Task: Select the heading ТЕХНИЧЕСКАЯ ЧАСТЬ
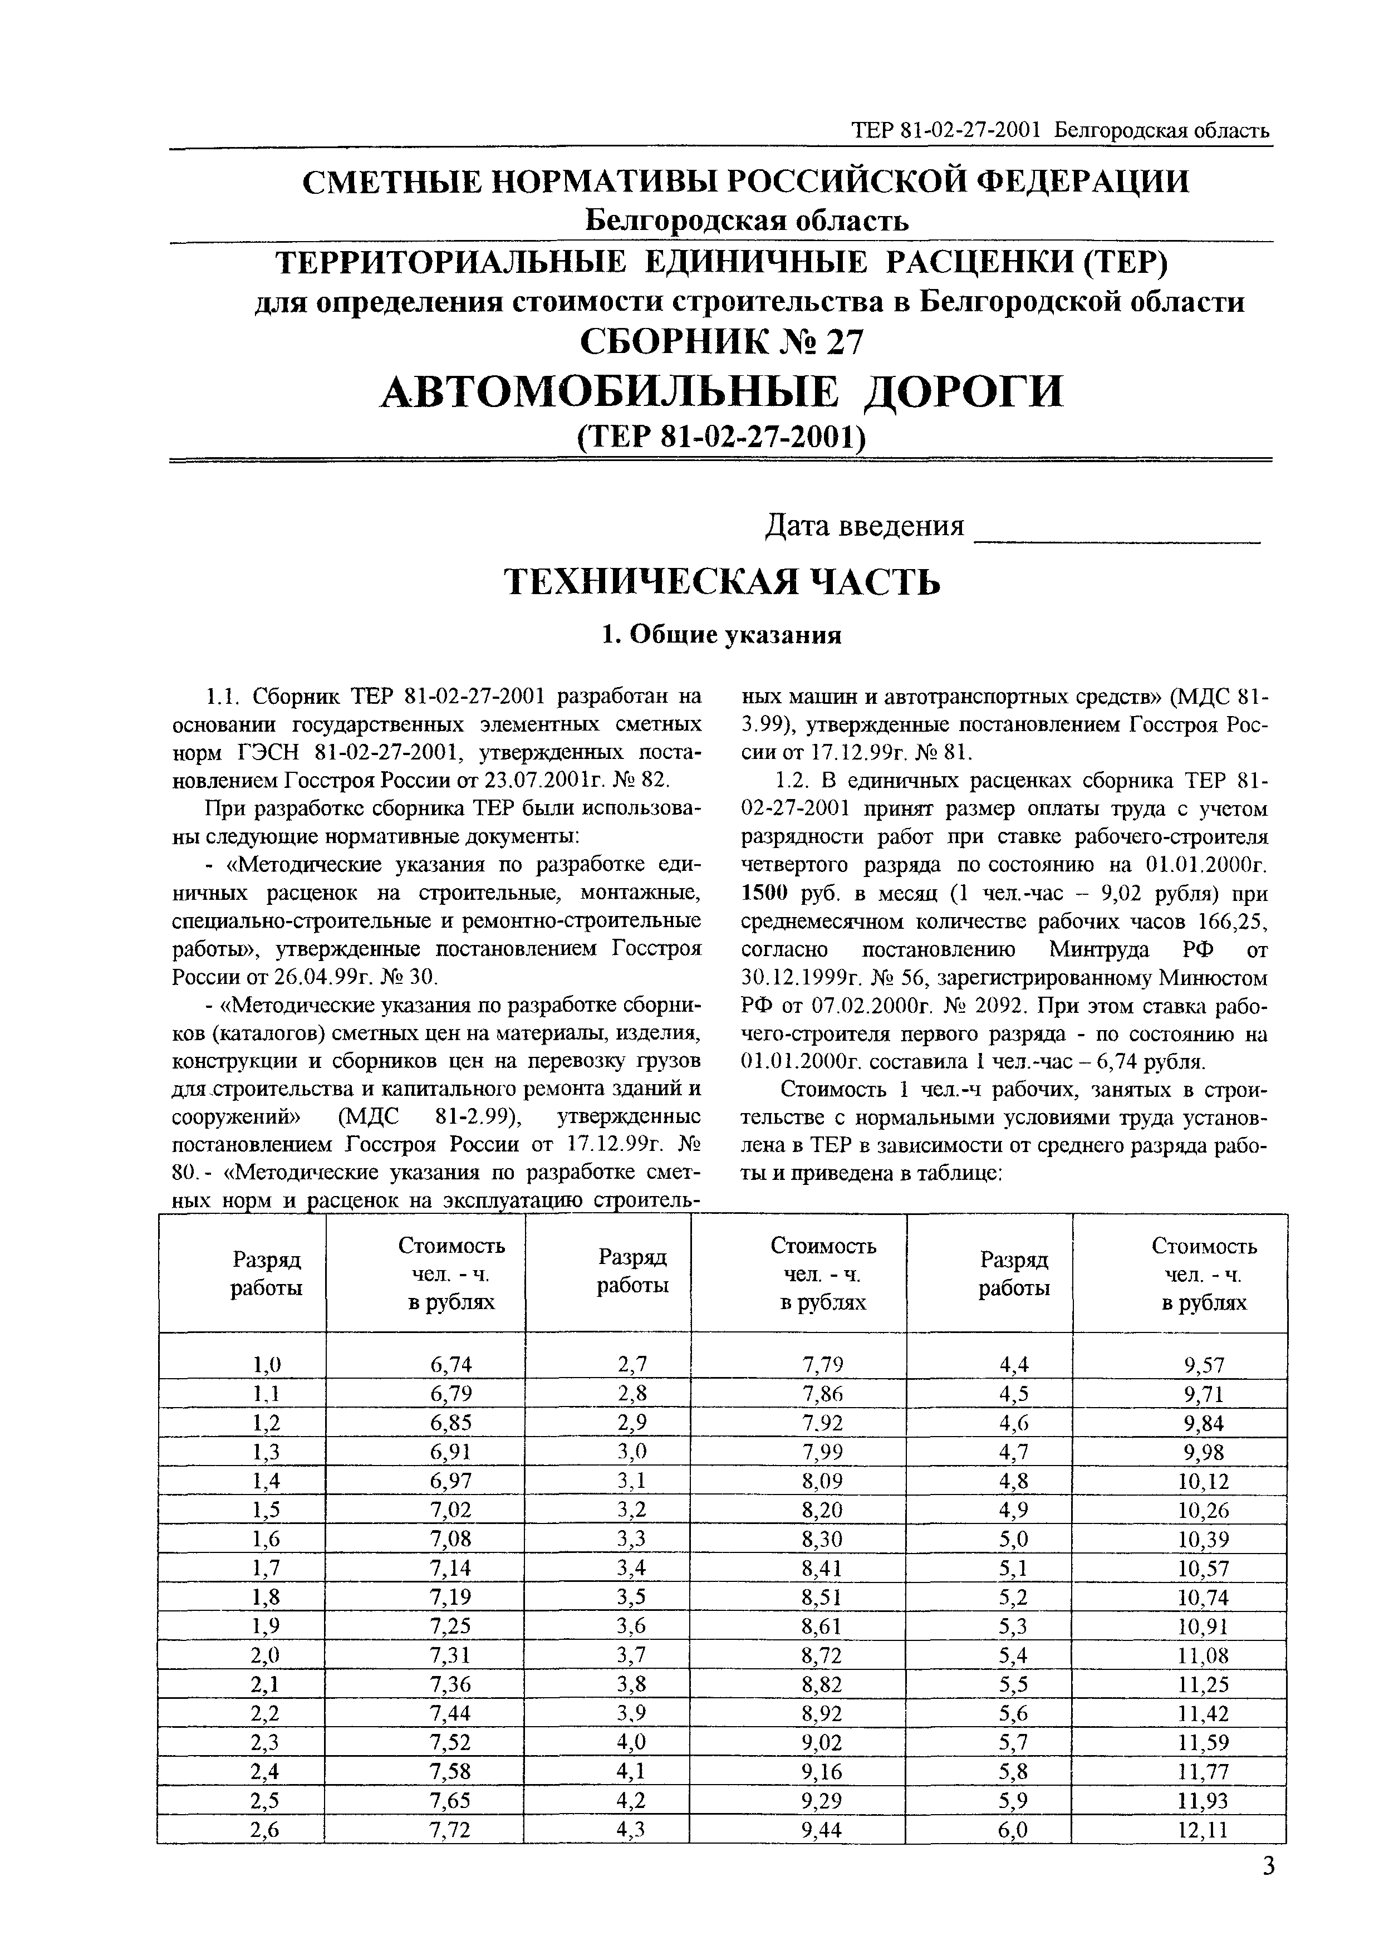[x=723, y=581]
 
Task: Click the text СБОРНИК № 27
[x=721, y=342]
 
